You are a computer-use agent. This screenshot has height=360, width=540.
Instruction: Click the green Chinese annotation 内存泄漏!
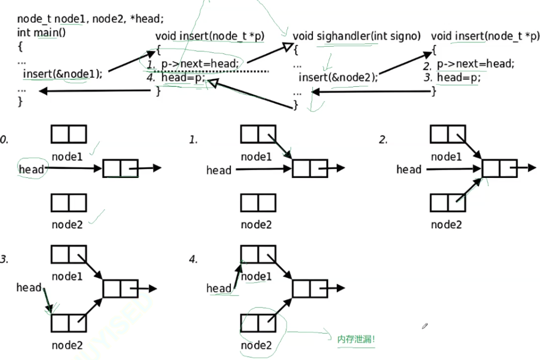point(356,339)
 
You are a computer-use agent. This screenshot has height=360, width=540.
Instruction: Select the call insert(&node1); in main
point(62,74)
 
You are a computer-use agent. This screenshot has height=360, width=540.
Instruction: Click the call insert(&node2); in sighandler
point(338,77)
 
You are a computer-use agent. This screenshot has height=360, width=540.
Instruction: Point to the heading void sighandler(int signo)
point(357,36)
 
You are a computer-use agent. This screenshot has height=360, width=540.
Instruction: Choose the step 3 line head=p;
point(458,77)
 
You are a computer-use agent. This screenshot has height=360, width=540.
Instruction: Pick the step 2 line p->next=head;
point(475,64)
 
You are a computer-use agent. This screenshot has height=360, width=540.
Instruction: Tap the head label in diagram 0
point(31,169)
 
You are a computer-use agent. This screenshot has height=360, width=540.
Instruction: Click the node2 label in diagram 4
point(256,345)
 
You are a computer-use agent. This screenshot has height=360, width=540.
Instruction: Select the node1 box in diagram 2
point(447,134)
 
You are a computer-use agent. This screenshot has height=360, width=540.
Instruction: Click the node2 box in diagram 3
point(68,322)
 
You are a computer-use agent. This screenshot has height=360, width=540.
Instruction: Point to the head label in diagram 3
point(29,287)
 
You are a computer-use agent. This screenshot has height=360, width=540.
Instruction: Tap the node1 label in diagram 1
point(256,157)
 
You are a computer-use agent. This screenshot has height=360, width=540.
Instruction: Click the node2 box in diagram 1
point(258,203)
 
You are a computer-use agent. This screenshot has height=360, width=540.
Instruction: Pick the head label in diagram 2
point(409,169)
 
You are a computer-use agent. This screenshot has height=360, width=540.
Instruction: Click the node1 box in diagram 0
point(68,134)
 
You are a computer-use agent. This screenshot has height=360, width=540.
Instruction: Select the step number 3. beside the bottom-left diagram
point(4,260)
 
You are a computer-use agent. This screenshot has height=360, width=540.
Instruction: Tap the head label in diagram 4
point(219,288)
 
